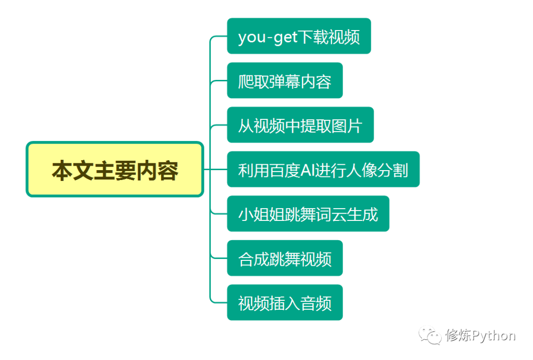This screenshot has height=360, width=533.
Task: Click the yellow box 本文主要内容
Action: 114,169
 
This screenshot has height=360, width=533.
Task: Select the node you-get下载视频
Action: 299,36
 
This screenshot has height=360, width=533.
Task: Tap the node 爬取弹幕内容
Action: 285,80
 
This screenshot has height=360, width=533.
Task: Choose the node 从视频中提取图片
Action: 300,125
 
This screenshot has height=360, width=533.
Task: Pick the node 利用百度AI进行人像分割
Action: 323,169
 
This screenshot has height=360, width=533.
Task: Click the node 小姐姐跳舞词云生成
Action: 308,214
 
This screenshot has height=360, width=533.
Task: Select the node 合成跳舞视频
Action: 285,258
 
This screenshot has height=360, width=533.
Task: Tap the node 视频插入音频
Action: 285,302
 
